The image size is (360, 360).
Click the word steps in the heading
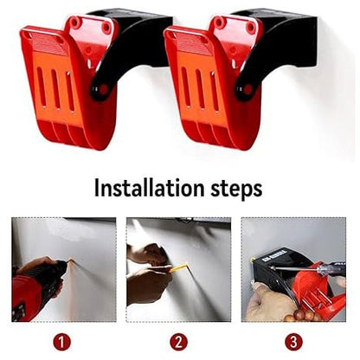click(x=235, y=188)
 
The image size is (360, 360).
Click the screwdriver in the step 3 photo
click(x=312, y=276)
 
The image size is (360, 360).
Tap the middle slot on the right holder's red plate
click(x=197, y=90)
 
